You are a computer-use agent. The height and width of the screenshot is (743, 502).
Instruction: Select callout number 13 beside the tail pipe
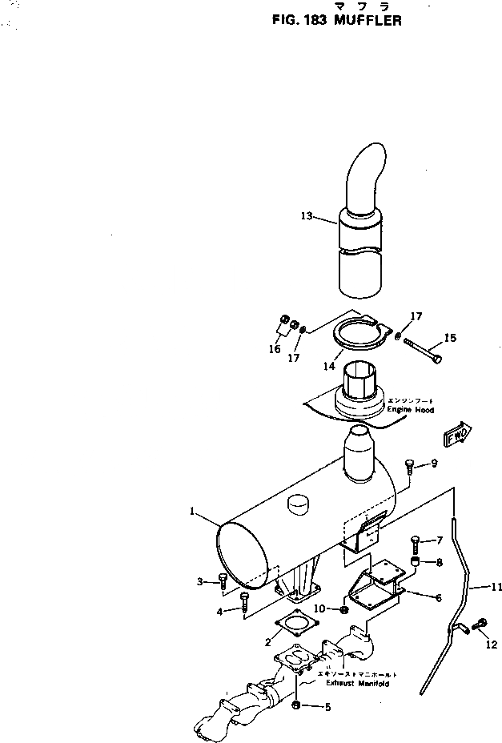(307, 215)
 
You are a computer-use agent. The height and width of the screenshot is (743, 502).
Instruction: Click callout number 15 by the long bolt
(450, 338)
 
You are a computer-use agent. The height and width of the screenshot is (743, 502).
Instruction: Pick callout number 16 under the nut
(274, 349)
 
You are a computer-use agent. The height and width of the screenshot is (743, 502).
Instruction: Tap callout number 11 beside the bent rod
(476, 587)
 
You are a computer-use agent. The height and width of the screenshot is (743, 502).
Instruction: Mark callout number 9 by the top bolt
(433, 464)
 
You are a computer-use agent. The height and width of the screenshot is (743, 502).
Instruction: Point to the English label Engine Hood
(410, 410)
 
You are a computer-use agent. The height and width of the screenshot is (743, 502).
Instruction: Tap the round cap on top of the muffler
(298, 504)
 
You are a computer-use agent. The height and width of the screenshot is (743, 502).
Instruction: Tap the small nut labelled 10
(344, 610)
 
